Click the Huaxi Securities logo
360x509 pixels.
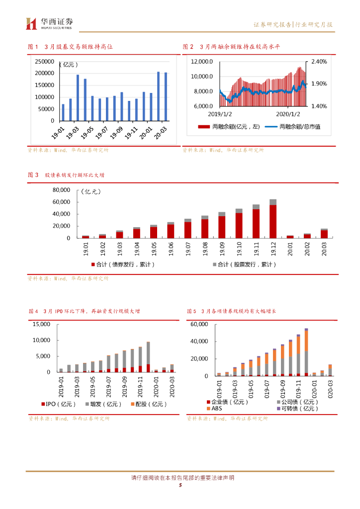click(49, 23)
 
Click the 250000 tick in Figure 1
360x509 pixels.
click(45, 61)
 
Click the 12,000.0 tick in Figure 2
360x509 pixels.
click(202, 62)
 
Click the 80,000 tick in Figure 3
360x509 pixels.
click(61, 190)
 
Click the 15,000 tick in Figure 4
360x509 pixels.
click(41, 325)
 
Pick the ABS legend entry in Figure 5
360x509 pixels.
click(216, 409)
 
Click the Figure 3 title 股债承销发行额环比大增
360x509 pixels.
click(74, 175)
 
